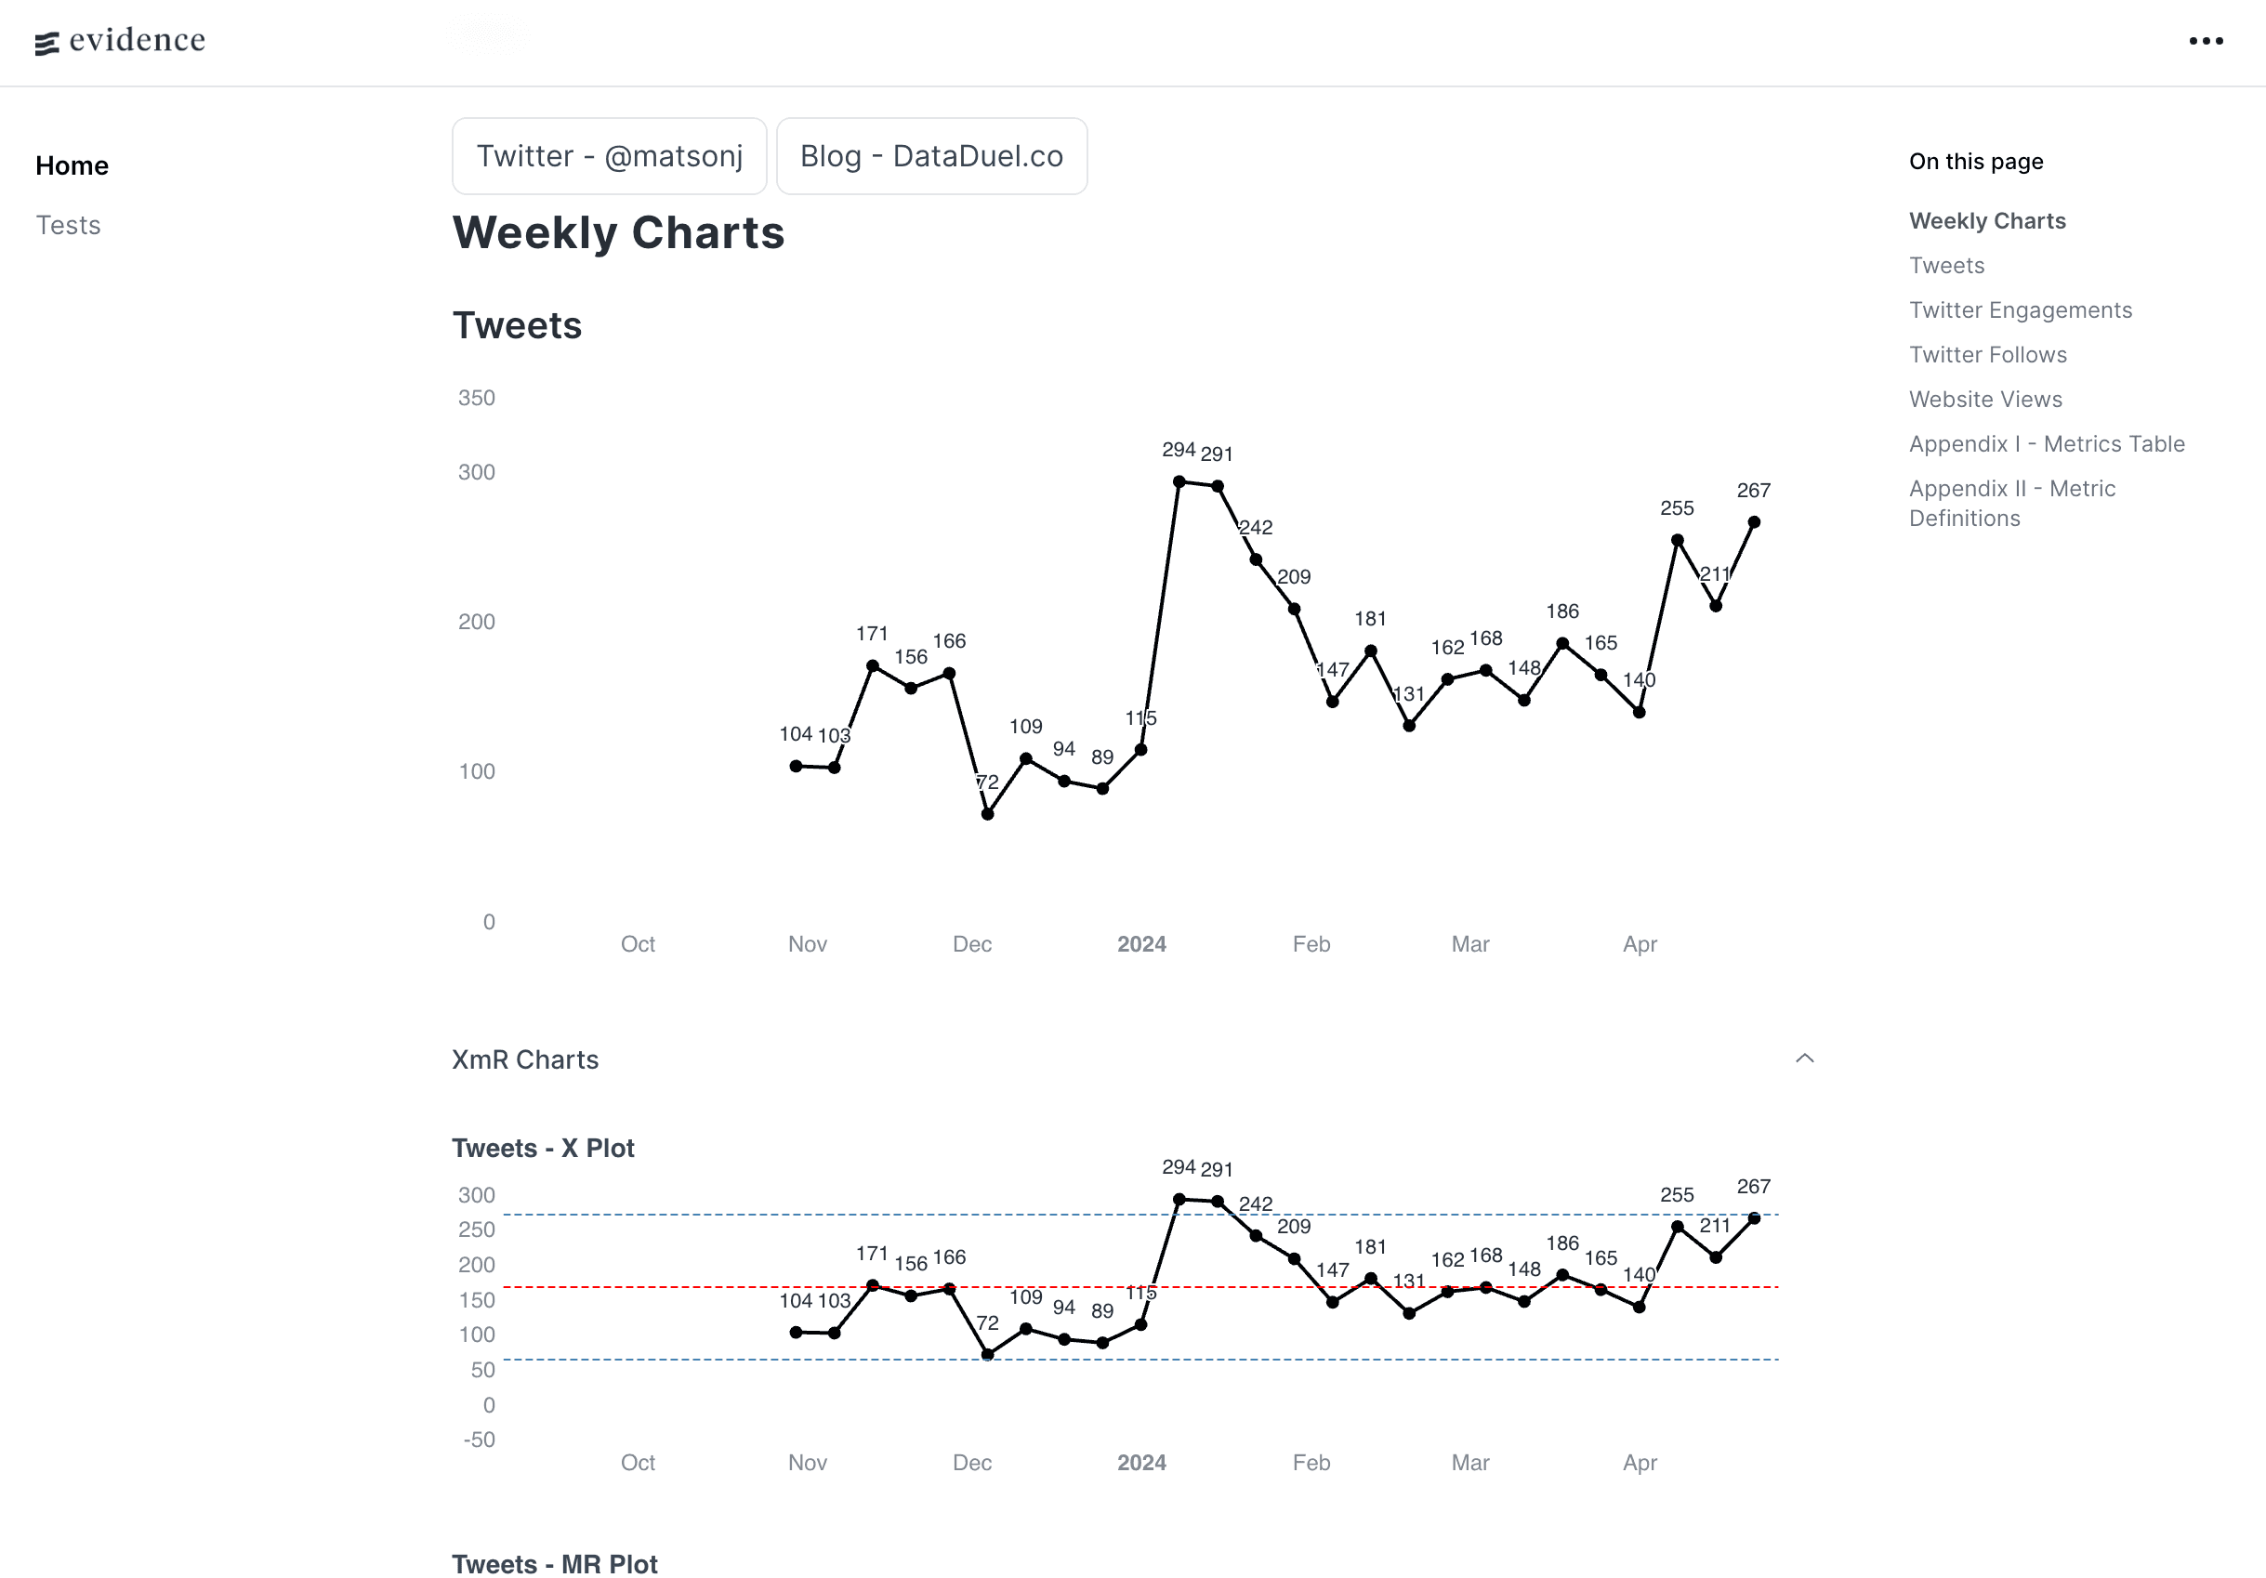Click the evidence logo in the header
[121, 41]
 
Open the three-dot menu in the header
[2205, 42]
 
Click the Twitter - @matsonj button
[609, 156]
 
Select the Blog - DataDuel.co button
[930, 156]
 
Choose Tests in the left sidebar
[68, 225]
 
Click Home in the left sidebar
[72, 165]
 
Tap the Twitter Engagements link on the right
[2020, 309]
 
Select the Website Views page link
[1984, 399]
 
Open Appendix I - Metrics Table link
[2046, 444]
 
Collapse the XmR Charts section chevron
[1804, 1058]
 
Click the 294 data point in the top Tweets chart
[1179, 481]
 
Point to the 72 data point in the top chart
[987, 814]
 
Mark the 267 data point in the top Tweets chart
[1753, 522]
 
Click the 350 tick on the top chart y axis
[476, 398]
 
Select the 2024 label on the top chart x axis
[1140, 944]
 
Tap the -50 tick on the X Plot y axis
[479, 1439]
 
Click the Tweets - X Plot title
[543, 1148]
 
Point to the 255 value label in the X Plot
[1676, 1194]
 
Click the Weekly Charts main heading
[618, 233]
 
